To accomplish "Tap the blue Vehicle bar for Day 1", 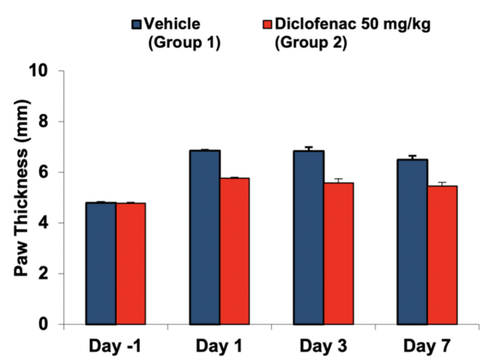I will [x=205, y=237].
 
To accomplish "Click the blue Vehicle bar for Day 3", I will [x=308, y=237].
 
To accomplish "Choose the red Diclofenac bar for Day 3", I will [x=338, y=253].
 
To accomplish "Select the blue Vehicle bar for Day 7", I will [x=412, y=242].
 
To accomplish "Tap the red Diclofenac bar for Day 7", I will [x=442, y=255].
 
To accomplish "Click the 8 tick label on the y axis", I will [x=51, y=122].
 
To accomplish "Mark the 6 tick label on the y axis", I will [x=51, y=172].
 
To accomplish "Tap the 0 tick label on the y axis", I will [x=51, y=325].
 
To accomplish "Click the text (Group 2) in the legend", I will [x=310, y=44].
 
